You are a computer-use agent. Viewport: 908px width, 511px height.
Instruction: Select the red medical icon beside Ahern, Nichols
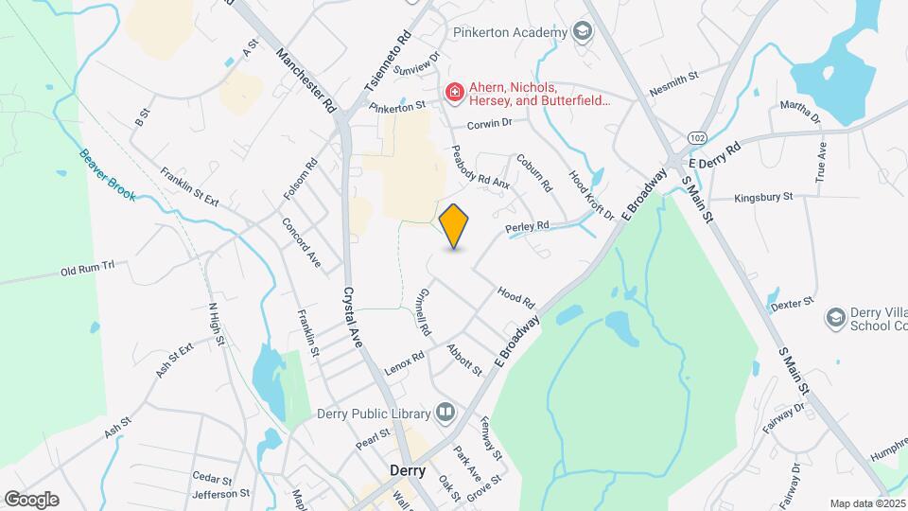coord(455,92)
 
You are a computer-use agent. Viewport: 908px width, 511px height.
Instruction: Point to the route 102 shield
coord(697,137)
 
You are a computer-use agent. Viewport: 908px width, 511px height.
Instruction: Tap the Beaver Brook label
coord(107,175)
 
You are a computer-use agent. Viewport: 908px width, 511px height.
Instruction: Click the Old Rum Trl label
coord(87,269)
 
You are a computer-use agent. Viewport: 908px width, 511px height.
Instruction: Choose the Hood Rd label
coord(515,299)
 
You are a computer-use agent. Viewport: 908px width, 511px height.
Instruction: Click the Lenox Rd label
coord(405,360)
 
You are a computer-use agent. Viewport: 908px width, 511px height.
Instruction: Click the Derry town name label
coord(408,470)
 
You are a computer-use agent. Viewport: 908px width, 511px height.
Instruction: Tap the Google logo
coord(31,500)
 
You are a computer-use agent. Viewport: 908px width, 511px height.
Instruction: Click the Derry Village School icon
coord(835,317)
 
